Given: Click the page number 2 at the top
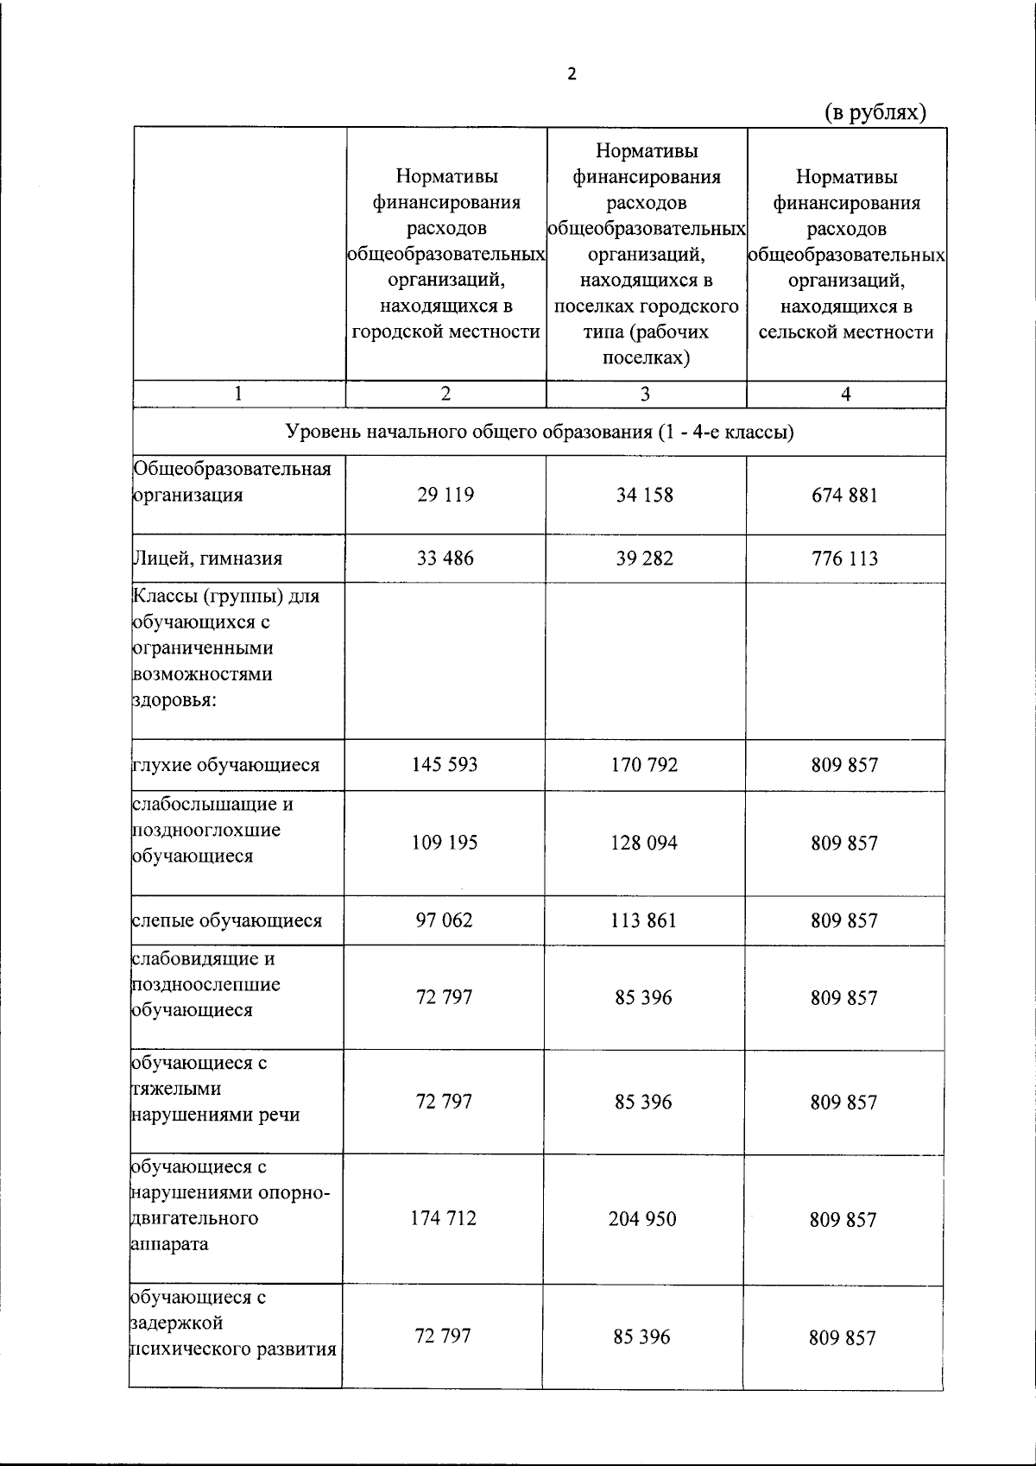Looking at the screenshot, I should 571,74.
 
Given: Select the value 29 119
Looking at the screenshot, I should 445,495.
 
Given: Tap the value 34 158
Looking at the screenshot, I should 645,495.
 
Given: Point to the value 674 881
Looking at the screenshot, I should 844,496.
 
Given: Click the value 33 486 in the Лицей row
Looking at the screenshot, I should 445,558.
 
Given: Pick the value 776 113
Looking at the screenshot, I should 844,559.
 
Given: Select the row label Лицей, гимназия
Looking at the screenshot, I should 207,558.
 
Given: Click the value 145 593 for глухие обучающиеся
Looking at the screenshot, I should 445,764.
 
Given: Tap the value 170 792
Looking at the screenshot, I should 645,764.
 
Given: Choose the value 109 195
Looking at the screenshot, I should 445,842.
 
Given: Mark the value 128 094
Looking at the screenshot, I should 644,843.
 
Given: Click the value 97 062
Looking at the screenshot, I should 445,919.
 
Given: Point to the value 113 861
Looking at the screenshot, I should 644,920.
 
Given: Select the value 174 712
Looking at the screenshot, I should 445,1218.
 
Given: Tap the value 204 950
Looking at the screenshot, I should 643,1219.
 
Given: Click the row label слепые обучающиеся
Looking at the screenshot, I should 227,920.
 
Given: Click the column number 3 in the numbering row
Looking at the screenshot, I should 645,394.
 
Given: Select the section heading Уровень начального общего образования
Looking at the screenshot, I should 540,432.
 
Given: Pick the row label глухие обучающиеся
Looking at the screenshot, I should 226,764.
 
